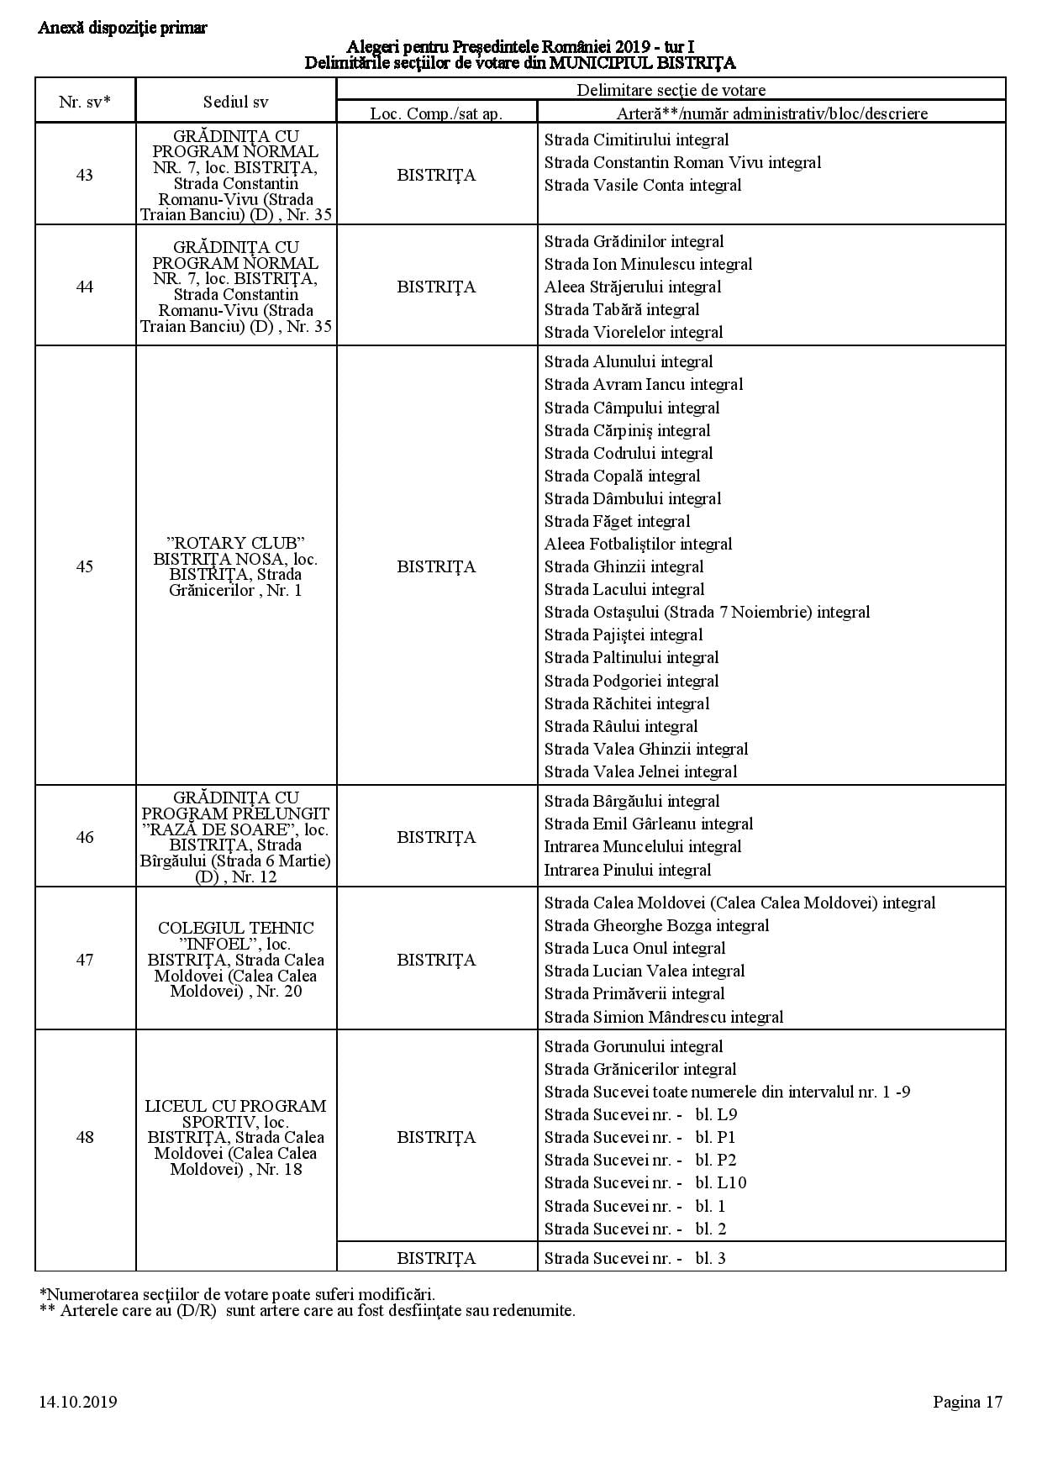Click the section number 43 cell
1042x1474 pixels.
pyautogui.click(x=85, y=175)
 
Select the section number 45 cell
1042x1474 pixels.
pyautogui.click(x=85, y=566)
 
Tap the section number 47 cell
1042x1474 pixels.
pyautogui.click(x=85, y=960)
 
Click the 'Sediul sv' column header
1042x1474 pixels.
pyautogui.click(x=236, y=102)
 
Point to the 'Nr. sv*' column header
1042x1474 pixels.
pyautogui.click(x=85, y=102)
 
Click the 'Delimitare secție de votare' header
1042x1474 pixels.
pyautogui.click(x=671, y=90)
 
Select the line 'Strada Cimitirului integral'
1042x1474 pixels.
pyautogui.click(x=636, y=140)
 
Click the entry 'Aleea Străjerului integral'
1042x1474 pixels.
pyautogui.click(x=633, y=287)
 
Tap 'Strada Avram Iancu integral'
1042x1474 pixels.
pyautogui.click(x=644, y=385)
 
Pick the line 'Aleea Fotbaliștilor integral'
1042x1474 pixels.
pyautogui.click(x=638, y=544)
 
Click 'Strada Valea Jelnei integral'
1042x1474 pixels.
pyautogui.click(x=640, y=771)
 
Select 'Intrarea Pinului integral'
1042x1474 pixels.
pyautogui.click(x=627, y=870)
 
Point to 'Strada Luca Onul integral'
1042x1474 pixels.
pyautogui.click(x=634, y=948)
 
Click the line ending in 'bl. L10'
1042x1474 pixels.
pyautogui.click(x=645, y=1182)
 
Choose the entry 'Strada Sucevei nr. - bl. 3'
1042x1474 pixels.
pyautogui.click(x=634, y=1258)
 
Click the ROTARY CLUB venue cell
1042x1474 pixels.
pyautogui.click(x=236, y=566)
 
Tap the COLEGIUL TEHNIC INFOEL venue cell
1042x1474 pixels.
pyautogui.click(x=236, y=960)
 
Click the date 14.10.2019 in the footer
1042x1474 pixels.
pyautogui.click(x=77, y=1402)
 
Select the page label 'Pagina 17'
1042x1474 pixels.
pyautogui.click(x=967, y=1402)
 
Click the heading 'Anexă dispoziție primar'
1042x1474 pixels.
pyautogui.click(x=123, y=28)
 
